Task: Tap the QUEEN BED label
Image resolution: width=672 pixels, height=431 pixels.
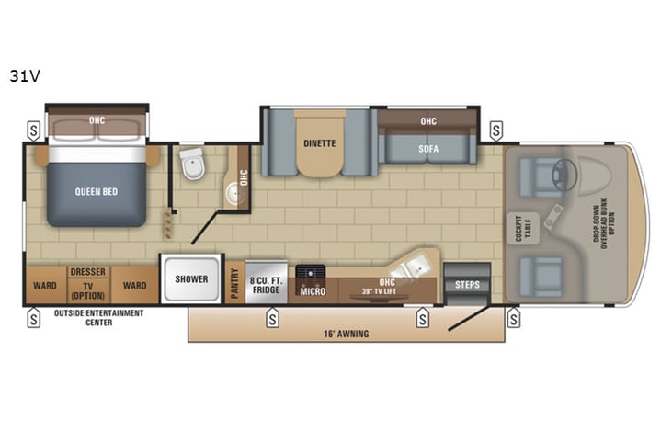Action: (97, 192)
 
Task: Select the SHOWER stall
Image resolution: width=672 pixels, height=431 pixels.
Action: (191, 279)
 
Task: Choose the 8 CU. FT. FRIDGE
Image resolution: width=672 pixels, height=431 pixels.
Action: (267, 279)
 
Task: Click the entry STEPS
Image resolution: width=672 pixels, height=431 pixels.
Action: (467, 285)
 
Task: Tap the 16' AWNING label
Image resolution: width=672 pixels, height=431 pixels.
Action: (346, 334)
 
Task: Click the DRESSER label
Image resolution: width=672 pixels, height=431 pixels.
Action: (88, 272)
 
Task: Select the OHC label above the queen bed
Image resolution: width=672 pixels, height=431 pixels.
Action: (97, 119)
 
